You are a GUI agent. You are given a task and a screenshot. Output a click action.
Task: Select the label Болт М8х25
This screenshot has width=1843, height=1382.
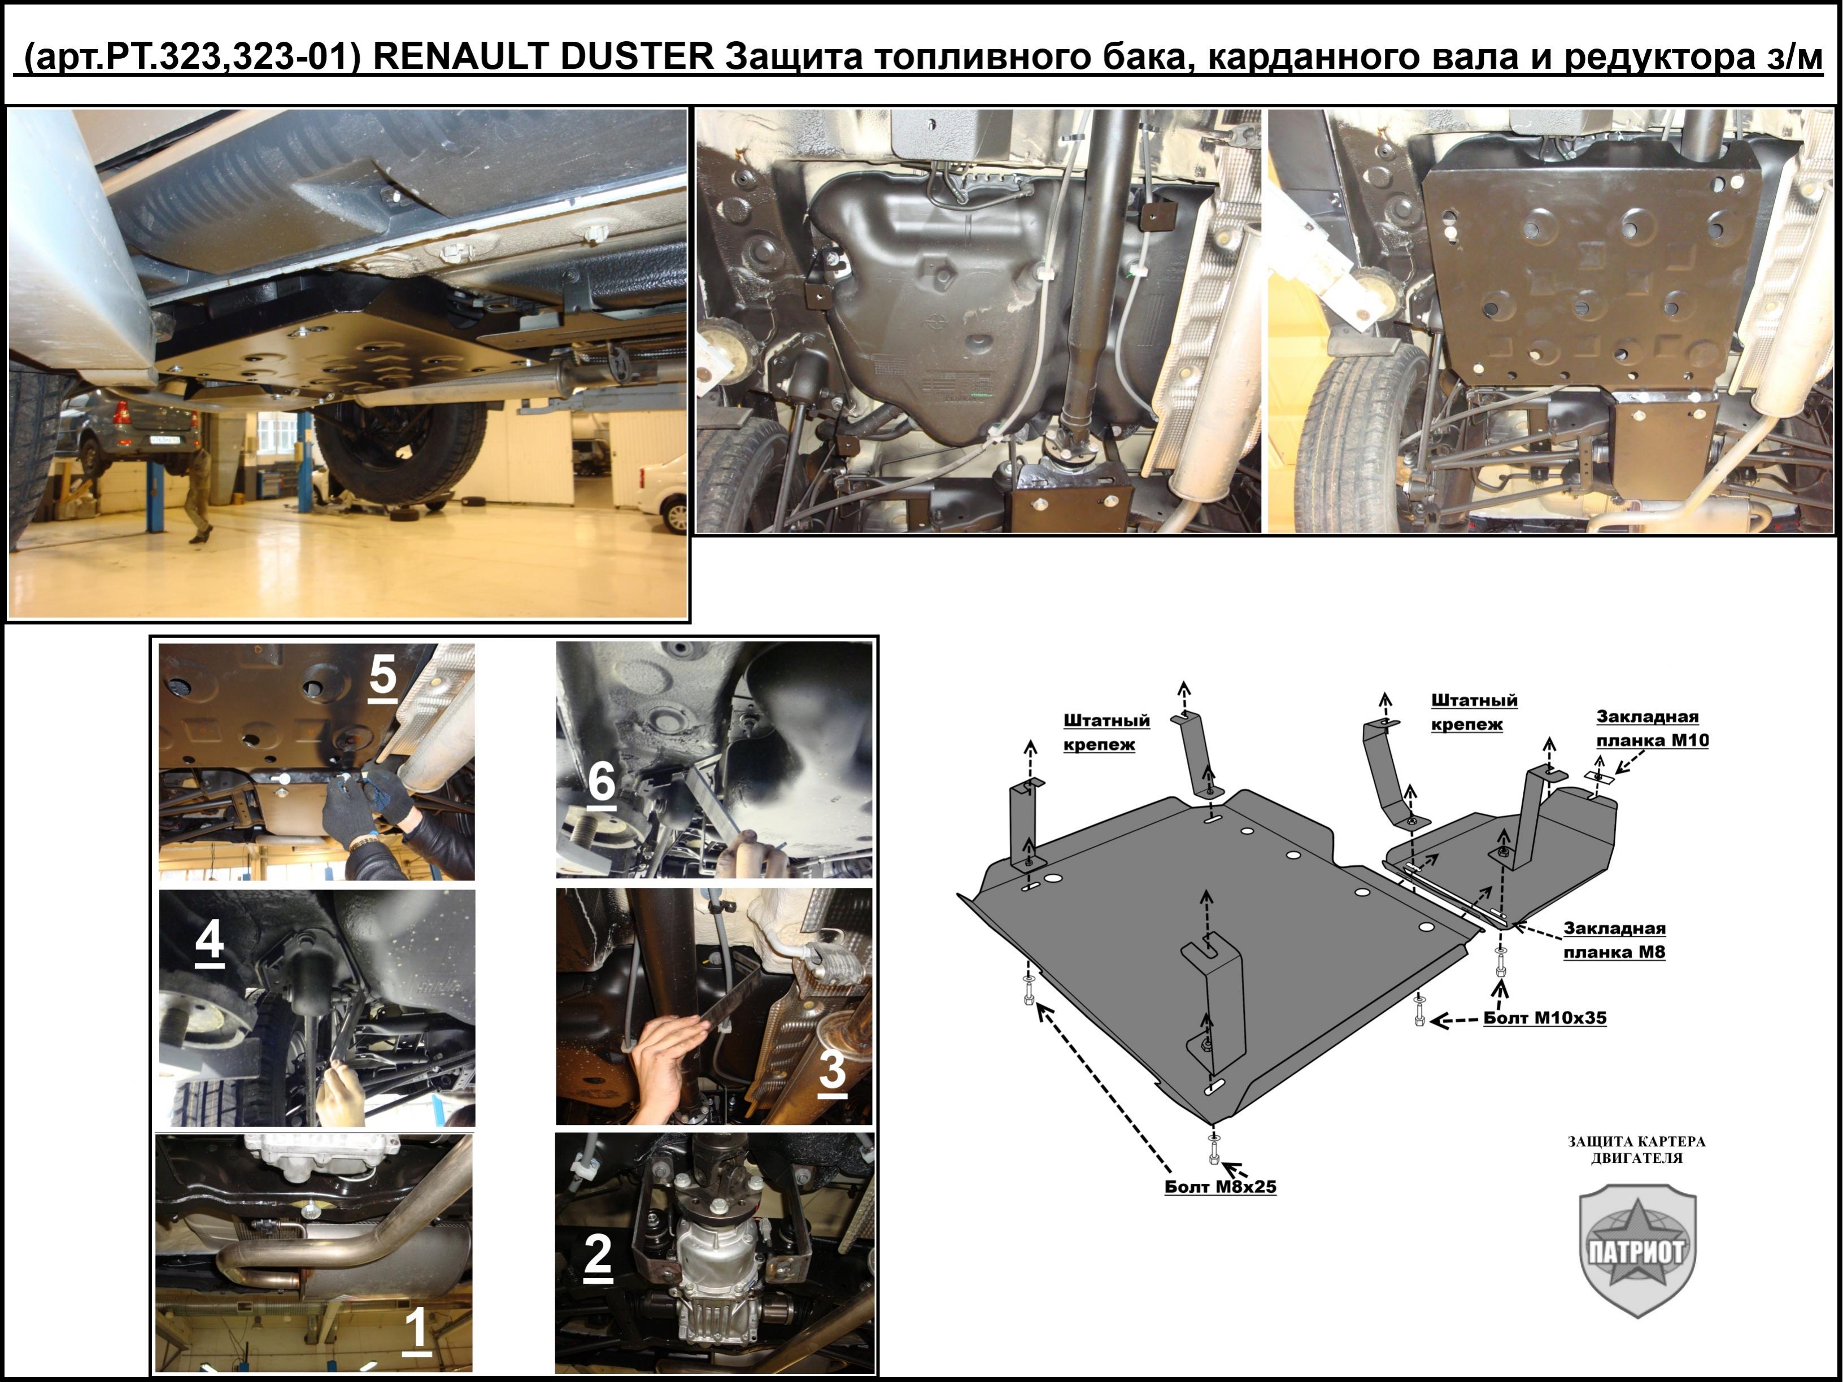pos(1220,1186)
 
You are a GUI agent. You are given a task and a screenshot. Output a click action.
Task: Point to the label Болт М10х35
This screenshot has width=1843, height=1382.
pos(1545,1017)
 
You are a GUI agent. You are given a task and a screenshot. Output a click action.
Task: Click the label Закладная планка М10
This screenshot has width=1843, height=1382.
pos(1652,728)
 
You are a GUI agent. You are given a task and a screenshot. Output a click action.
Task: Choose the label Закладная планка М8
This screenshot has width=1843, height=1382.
pos(1614,940)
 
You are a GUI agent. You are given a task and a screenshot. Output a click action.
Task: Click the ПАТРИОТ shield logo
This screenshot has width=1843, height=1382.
pos(1637,1249)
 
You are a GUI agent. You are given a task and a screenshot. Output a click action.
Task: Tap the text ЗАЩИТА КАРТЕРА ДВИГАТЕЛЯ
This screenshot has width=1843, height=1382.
pos(1636,1149)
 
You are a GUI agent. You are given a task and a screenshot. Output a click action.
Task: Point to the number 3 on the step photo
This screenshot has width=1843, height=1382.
pos(831,1070)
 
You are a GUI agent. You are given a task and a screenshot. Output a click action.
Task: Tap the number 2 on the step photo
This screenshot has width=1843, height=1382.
pos(598,1255)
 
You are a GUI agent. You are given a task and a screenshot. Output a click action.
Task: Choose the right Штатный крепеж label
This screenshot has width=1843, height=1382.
pos(1474,712)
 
